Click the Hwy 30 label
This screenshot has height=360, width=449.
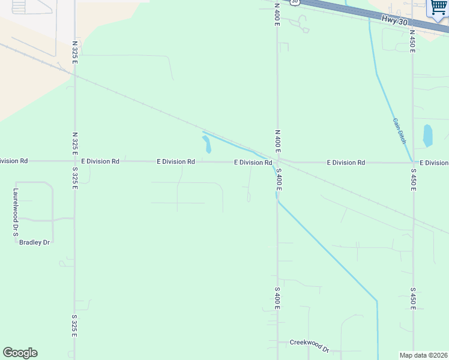point(394,20)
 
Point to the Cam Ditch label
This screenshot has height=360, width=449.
point(399,130)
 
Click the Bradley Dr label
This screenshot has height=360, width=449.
point(34,242)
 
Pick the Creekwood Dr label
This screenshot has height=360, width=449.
point(310,346)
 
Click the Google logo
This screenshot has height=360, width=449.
point(20,353)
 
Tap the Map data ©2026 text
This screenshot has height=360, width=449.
point(424,355)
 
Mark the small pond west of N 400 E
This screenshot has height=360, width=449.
point(206,144)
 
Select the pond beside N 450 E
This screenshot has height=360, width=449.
point(427,136)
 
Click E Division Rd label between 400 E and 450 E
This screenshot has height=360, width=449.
point(346,163)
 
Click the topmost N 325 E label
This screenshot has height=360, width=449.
point(75,52)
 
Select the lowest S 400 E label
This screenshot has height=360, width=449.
point(277,298)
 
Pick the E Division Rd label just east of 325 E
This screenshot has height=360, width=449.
point(100,161)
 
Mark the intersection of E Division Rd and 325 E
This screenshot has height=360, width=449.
point(75,161)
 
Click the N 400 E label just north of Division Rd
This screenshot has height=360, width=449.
point(277,140)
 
